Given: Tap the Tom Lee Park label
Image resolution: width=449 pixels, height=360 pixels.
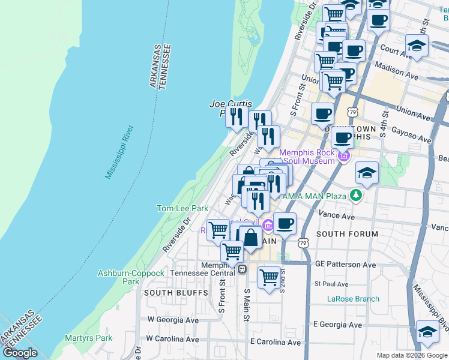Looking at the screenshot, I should click(182, 208).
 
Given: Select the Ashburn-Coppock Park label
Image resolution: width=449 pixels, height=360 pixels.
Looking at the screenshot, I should click(131, 277).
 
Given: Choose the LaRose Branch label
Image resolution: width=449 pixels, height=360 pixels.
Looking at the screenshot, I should click(353, 299).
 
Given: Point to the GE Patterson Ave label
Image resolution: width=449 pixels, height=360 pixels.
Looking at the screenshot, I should click(345, 264).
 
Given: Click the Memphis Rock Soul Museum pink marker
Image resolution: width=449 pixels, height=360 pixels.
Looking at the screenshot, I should click(343, 157).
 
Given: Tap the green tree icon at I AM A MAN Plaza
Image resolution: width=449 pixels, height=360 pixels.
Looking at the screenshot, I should click(356, 195).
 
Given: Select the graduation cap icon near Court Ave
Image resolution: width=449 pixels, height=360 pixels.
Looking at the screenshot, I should click(415, 44).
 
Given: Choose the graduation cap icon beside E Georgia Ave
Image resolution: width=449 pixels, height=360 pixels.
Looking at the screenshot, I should click(427, 331).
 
